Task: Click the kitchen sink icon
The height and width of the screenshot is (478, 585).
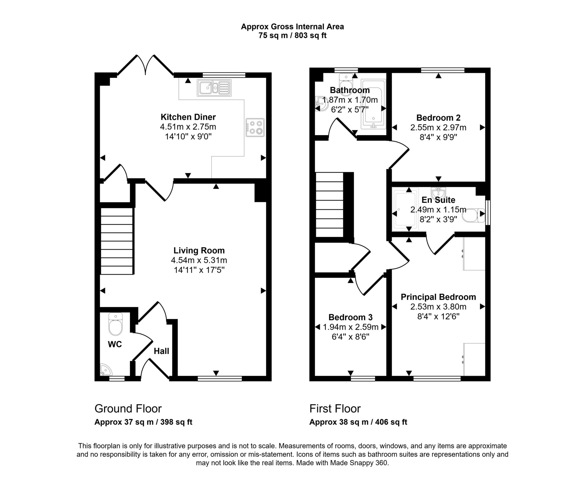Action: [214, 88]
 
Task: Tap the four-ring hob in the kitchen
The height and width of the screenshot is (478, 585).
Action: [255, 127]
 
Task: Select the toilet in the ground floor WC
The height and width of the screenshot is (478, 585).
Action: [115, 324]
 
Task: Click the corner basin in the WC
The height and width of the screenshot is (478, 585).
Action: [105, 370]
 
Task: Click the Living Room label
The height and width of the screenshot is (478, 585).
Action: [199, 250]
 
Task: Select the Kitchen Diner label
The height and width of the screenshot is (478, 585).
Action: [188, 117]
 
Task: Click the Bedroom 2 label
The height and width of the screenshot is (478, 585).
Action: [438, 118]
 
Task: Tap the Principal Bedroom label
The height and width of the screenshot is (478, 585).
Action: [438, 297]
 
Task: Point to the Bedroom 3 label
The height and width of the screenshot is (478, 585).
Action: [350, 317]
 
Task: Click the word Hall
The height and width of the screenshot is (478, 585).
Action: [161, 351]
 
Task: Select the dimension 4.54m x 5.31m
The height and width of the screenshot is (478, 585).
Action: [199, 260]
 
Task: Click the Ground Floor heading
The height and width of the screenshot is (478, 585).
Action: [128, 409]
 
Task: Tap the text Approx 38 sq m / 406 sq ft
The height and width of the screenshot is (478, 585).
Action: [358, 422]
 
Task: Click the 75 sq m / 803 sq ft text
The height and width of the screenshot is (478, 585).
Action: [292, 36]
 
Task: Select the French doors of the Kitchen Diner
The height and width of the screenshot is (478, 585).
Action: [146, 66]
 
